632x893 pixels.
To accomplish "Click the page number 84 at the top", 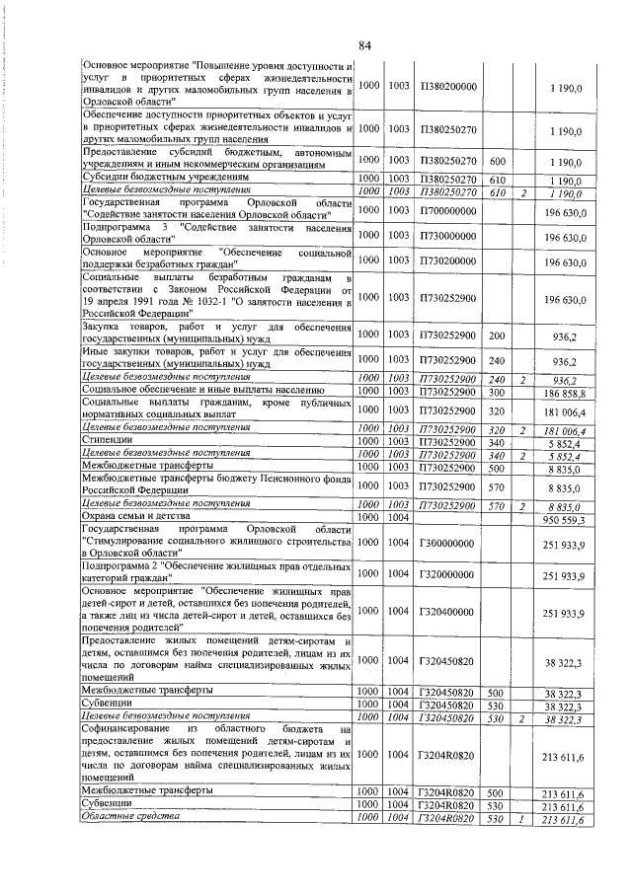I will click(364, 44).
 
